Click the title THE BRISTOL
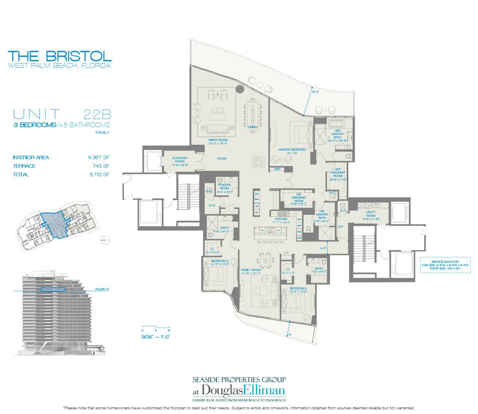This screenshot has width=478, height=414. (x=60, y=55)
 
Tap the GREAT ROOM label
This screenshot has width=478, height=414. (x=217, y=141)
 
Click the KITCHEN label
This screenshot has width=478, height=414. (x=281, y=219)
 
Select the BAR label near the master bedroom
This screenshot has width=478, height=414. (x=276, y=169)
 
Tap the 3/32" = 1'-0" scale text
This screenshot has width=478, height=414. (x=155, y=336)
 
